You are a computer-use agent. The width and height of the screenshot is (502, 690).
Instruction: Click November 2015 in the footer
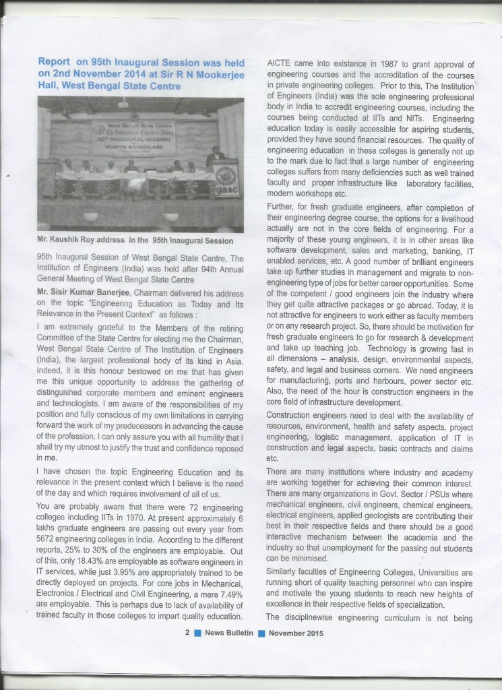click(x=296, y=633)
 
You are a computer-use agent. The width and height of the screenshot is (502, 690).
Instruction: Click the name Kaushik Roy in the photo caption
click(x=74, y=241)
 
